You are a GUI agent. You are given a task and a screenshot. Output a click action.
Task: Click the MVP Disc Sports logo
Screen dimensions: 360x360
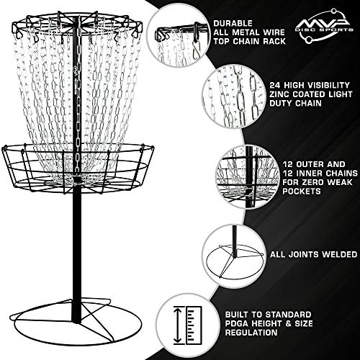coord(324,27)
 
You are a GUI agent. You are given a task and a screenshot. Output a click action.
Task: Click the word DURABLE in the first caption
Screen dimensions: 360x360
coord(233,23)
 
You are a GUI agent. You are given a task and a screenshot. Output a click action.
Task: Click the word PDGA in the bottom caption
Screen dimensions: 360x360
coord(237,323)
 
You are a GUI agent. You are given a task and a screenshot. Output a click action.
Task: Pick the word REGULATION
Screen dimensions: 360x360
coord(251,333)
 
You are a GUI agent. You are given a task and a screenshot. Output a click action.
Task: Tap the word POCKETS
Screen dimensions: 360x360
coord(302,192)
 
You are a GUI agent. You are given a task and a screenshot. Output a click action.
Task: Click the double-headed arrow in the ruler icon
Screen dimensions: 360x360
coord(178,325)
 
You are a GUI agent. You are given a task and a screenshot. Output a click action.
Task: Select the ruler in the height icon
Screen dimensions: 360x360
coord(194,325)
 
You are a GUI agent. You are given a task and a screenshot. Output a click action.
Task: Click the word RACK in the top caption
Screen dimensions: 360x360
coord(274,41)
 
